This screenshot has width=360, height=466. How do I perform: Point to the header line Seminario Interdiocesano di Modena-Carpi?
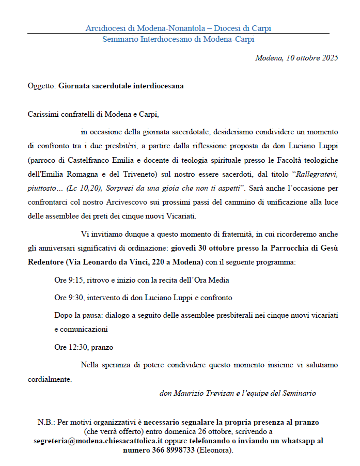178,39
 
